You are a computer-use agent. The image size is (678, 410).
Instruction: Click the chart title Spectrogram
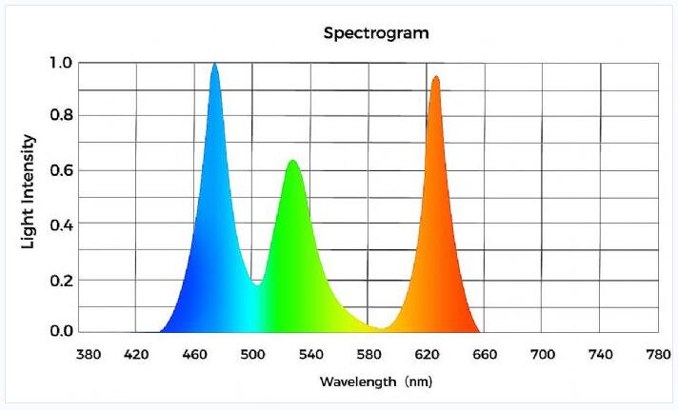pos(376,32)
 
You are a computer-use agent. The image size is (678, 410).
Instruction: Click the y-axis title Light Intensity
pos(30,191)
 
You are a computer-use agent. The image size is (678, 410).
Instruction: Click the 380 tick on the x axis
pos(89,355)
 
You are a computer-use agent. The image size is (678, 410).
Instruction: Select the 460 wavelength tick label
pos(194,355)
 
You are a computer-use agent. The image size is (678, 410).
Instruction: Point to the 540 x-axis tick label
pos(311,355)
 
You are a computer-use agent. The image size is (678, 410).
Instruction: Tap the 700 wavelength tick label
pos(542,355)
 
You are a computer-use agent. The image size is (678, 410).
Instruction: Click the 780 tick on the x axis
pos(658,355)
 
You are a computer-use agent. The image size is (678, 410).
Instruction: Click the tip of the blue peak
pos(214,65)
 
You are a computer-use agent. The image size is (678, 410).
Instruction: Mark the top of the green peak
pos(292,161)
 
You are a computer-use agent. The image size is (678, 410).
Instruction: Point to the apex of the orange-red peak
pos(435,77)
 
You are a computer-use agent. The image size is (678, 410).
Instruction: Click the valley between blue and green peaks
pos(256,283)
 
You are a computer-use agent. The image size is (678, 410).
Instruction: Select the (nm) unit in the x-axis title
pos(417,381)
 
